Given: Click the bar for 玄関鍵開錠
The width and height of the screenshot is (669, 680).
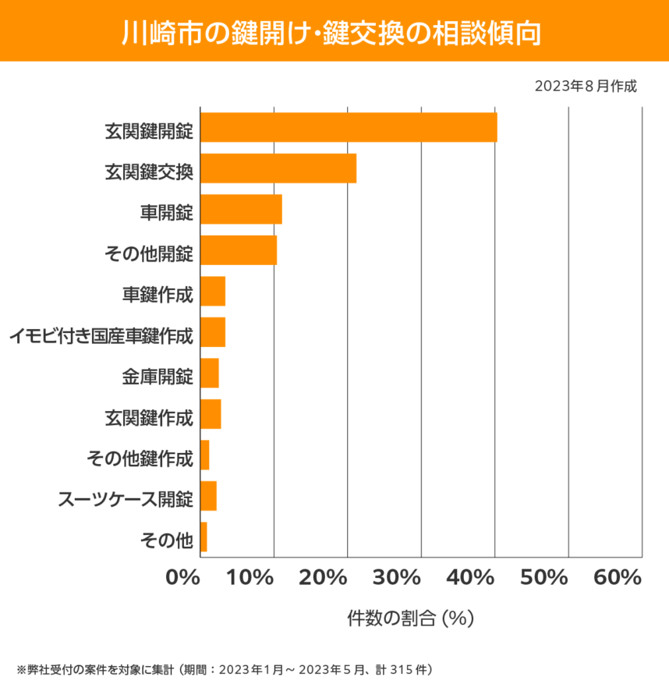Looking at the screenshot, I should click(x=349, y=127).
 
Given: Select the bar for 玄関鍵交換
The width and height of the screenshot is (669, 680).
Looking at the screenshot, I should click(x=278, y=168).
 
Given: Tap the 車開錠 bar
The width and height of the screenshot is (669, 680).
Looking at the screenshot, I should click(x=241, y=209).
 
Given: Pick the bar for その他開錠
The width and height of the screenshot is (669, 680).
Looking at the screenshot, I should click(x=239, y=250).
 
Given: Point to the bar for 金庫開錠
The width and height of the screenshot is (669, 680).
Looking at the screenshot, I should click(x=210, y=374).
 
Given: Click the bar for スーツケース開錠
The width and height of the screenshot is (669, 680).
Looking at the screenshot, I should click(x=208, y=496).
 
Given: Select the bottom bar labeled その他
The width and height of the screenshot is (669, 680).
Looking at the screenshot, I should click(x=204, y=537).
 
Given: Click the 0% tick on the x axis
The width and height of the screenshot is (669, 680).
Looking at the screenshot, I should click(x=183, y=578).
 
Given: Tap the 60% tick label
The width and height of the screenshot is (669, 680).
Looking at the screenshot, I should click(x=617, y=578).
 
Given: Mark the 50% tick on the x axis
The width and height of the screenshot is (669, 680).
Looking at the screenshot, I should click(x=544, y=578).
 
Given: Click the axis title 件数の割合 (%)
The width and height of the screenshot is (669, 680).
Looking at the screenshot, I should click(x=410, y=618).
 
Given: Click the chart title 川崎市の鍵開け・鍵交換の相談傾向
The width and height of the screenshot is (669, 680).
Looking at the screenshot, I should click(x=334, y=32).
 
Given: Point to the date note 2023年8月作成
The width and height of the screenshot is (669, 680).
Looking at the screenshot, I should click(x=586, y=86).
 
